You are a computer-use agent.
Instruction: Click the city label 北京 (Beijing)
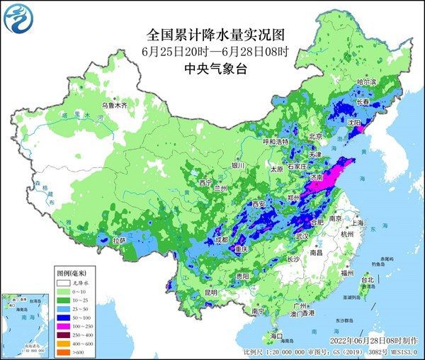point(315,136)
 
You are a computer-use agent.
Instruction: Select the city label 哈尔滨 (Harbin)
point(366,82)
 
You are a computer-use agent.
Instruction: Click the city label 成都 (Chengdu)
point(222,240)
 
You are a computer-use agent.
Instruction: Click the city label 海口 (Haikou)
point(278,335)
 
